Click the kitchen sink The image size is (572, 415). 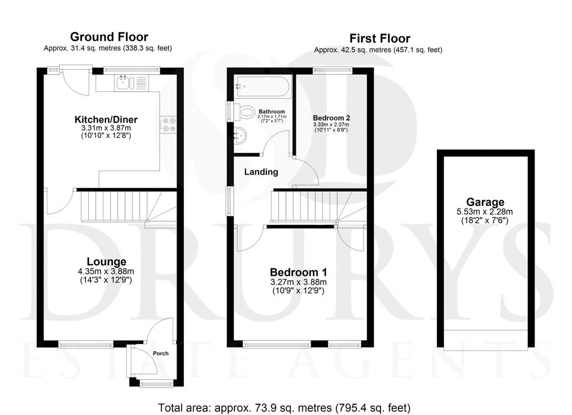[x=132, y=83]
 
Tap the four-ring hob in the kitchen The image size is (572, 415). [x=168, y=124]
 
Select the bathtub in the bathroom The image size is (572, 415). [x=263, y=86]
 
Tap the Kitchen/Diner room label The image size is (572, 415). [x=106, y=119]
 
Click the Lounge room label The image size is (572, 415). [x=107, y=262]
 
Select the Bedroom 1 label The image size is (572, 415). [x=298, y=272]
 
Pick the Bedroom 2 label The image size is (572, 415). [x=331, y=118]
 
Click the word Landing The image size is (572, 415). [x=261, y=172]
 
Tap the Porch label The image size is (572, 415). [x=160, y=354]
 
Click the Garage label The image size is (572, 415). [x=485, y=202]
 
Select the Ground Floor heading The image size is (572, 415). [x=109, y=37]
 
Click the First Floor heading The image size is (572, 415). [x=380, y=38]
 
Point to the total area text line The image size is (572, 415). [x=284, y=408]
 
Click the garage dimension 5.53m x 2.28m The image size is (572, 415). [x=485, y=212]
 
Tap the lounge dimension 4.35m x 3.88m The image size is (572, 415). [x=106, y=272]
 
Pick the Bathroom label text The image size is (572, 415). [x=272, y=112]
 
